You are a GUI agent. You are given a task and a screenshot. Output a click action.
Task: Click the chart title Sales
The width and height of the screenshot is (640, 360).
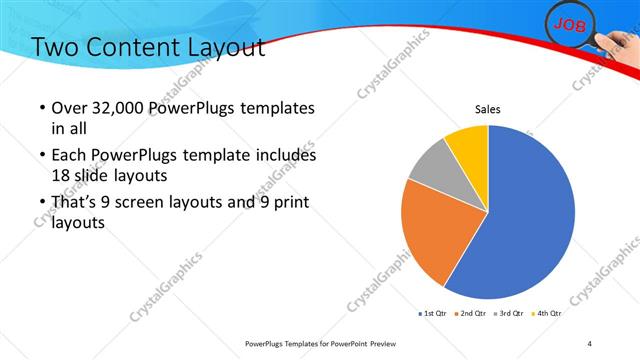click(x=487, y=109)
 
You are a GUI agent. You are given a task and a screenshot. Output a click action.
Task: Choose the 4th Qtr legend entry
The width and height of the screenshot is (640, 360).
click(x=549, y=314)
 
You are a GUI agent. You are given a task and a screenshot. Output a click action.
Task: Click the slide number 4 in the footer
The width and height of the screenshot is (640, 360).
click(x=590, y=343)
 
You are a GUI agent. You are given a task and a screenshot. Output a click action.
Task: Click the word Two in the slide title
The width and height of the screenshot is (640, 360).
click(x=53, y=47)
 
